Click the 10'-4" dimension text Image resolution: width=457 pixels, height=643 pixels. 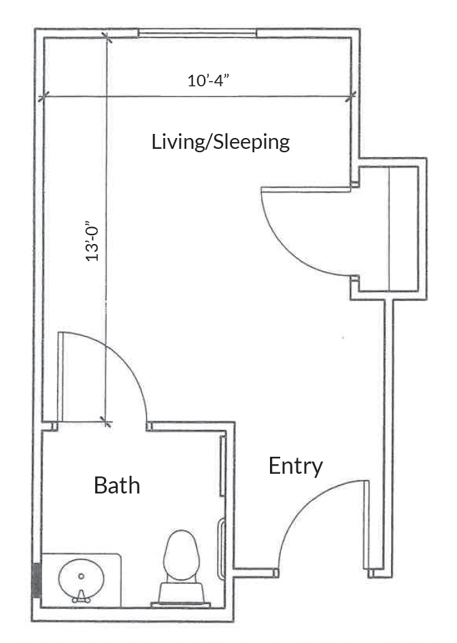coord(207,80)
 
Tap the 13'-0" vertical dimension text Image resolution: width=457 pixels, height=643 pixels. coord(92,241)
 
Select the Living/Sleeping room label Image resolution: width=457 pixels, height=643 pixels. coord(221,142)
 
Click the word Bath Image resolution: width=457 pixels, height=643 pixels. coord(117,485)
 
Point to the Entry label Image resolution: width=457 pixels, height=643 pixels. coord(296,467)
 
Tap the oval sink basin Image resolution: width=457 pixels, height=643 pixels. coord(81,579)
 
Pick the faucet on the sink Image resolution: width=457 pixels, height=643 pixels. coord(81,596)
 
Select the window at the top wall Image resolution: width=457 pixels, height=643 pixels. coord(197,33)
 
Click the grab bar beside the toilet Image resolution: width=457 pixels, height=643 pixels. coord(221,549)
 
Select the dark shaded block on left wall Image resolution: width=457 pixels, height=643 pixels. coord(37,580)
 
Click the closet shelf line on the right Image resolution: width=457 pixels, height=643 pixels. coord(388,229)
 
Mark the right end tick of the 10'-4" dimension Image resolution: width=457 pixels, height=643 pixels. coord(351,97)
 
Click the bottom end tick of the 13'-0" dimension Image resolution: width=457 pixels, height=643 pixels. coord(106,421)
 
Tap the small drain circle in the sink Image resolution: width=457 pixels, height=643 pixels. coord(81,576)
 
